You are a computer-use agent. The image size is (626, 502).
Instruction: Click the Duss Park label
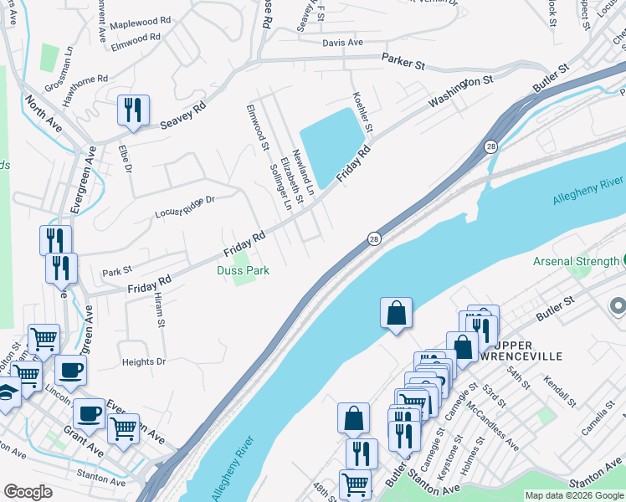point(243,270)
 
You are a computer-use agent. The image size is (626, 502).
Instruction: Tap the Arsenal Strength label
point(577,261)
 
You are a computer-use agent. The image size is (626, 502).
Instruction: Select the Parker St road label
point(404,61)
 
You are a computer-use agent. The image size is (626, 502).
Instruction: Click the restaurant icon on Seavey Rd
point(133,110)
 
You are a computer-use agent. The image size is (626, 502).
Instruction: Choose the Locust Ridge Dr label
point(185,207)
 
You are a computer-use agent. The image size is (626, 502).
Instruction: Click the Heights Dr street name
point(144,361)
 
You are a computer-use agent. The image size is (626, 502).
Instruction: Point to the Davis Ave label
point(342,42)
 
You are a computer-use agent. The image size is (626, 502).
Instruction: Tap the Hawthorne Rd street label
point(85,90)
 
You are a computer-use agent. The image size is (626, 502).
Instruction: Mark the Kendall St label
point(561,390)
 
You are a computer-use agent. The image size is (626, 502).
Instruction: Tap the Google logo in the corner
point(28,492)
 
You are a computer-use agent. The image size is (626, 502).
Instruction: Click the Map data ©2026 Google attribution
point(573,495)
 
